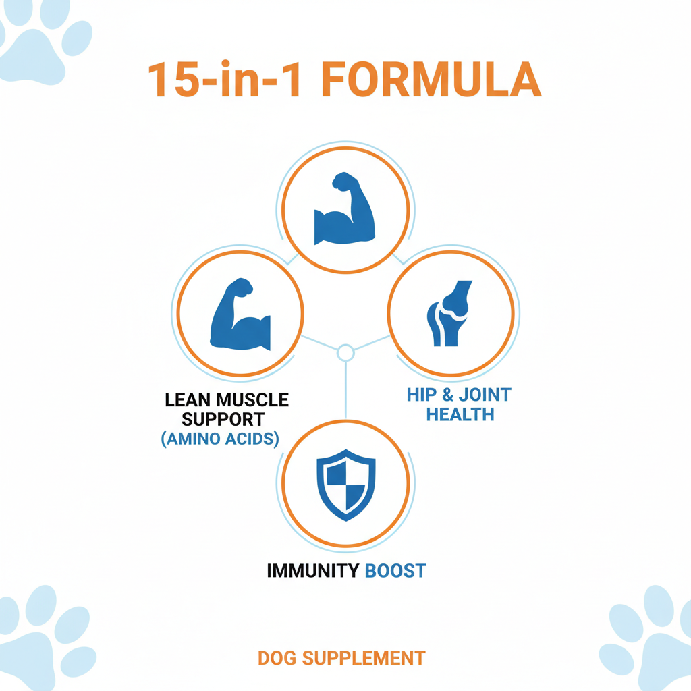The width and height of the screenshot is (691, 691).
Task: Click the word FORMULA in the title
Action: (x=431, y=80)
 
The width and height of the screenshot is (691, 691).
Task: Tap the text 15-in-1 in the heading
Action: (x=225, y=80)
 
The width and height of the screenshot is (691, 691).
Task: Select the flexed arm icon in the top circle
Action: (x=345, y=208)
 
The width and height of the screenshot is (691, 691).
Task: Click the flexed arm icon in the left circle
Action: (x=240, y=314)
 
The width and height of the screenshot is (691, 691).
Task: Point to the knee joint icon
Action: (x=449, y=313)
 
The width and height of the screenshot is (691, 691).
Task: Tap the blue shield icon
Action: (x=346, y=485)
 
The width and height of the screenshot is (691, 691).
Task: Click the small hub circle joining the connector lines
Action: (x=345, y=352)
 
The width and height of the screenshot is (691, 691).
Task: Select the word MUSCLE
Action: (x=252, y=400)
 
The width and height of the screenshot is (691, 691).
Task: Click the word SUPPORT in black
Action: (x=223, y=420)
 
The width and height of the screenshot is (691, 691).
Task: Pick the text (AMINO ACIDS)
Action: (x=220, y=439)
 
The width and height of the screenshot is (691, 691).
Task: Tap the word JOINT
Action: (x=485, y=395)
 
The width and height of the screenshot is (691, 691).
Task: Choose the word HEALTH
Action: (x=460, y=415)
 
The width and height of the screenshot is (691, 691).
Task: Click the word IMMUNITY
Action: (x=313, y=571)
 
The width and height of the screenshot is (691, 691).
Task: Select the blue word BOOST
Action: (x=395, y=571)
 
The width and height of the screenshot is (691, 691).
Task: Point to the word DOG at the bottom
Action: (x=277, y=658)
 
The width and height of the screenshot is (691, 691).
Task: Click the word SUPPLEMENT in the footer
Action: (x=364, y=658)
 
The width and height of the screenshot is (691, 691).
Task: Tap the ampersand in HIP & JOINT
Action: (x=448, y=395)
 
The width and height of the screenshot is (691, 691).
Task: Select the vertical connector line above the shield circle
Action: (x=345, y=390)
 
